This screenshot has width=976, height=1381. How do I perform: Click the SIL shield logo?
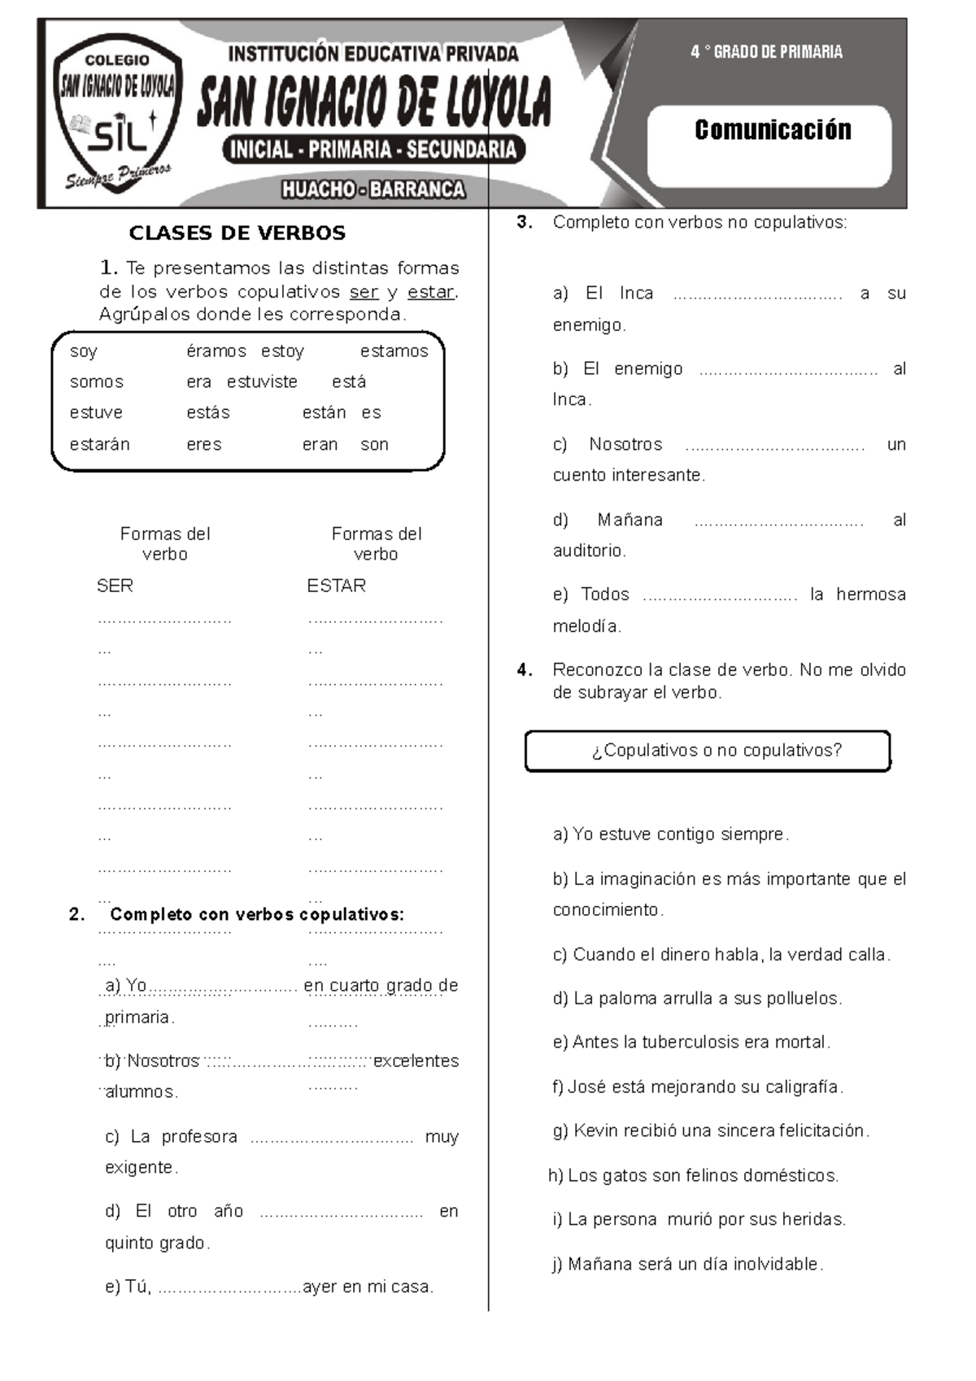pos(117,114)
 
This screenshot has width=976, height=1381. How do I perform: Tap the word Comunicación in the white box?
pos(772,130)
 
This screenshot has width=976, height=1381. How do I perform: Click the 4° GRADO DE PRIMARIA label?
pos(766,52)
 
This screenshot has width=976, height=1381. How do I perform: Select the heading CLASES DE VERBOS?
pos(237,233)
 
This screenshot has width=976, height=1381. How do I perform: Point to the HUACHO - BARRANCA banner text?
pos(373,190)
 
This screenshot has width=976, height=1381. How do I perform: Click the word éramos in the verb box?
pos(216,351)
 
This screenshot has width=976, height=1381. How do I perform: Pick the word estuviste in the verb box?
pos(262,382)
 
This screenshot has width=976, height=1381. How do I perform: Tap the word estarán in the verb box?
pos(99,445)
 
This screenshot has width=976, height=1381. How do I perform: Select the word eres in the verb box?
pos(203,445)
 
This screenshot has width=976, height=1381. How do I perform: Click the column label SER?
pos(115,586)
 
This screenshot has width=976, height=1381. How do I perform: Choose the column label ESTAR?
pos(336,586)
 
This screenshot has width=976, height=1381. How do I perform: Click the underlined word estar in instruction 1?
pos(431,292)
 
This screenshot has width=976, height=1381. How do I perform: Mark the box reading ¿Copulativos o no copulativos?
pos(708,751)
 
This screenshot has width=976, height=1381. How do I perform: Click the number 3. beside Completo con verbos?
pos(525,222)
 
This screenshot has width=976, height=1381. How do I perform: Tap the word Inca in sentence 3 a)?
pos(636,294)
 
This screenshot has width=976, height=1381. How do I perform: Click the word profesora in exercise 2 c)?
pos(198,1137)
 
